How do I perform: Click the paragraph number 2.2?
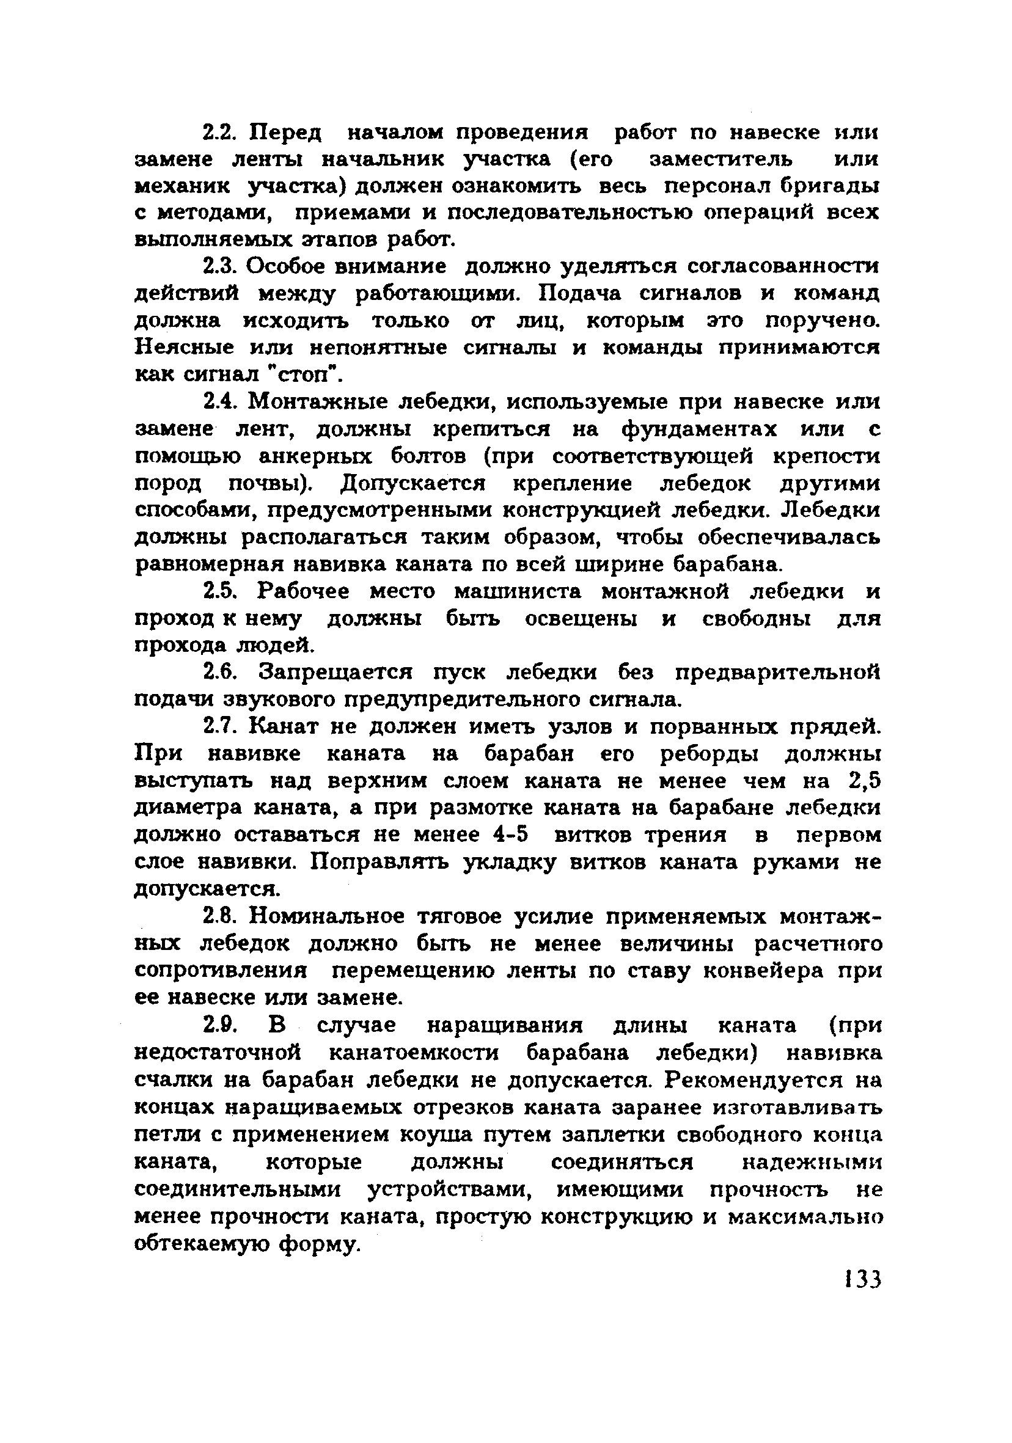coord(219,133)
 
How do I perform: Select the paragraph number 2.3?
coord(219,266)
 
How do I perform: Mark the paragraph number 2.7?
coord(220,726)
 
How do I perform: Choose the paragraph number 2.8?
coord(220,917)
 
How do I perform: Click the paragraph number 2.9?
coord(220,1026)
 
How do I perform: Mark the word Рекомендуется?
coord(755,1080)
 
